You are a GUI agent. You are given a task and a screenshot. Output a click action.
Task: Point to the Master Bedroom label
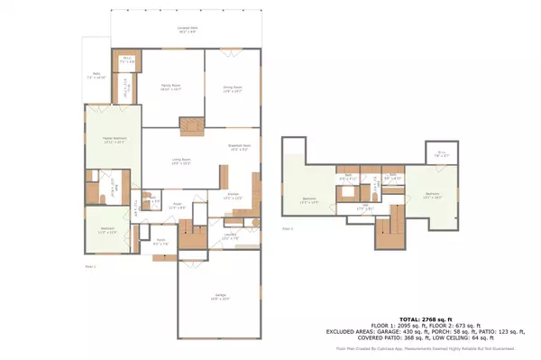point(114,140)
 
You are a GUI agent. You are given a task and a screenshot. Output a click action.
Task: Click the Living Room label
point(182,162)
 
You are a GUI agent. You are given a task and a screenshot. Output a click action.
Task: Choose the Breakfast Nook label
point(238,148)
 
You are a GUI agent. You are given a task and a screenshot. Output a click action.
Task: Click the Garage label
point(220,296)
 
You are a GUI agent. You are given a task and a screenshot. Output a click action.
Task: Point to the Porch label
point(160,243)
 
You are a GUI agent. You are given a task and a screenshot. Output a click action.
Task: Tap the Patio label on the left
point(96,76)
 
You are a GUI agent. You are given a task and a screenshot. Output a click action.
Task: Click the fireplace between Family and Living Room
point(191,127)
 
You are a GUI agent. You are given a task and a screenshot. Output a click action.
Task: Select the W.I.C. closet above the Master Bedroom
point(128,62)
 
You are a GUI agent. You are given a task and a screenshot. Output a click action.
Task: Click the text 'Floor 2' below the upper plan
point(288,229)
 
